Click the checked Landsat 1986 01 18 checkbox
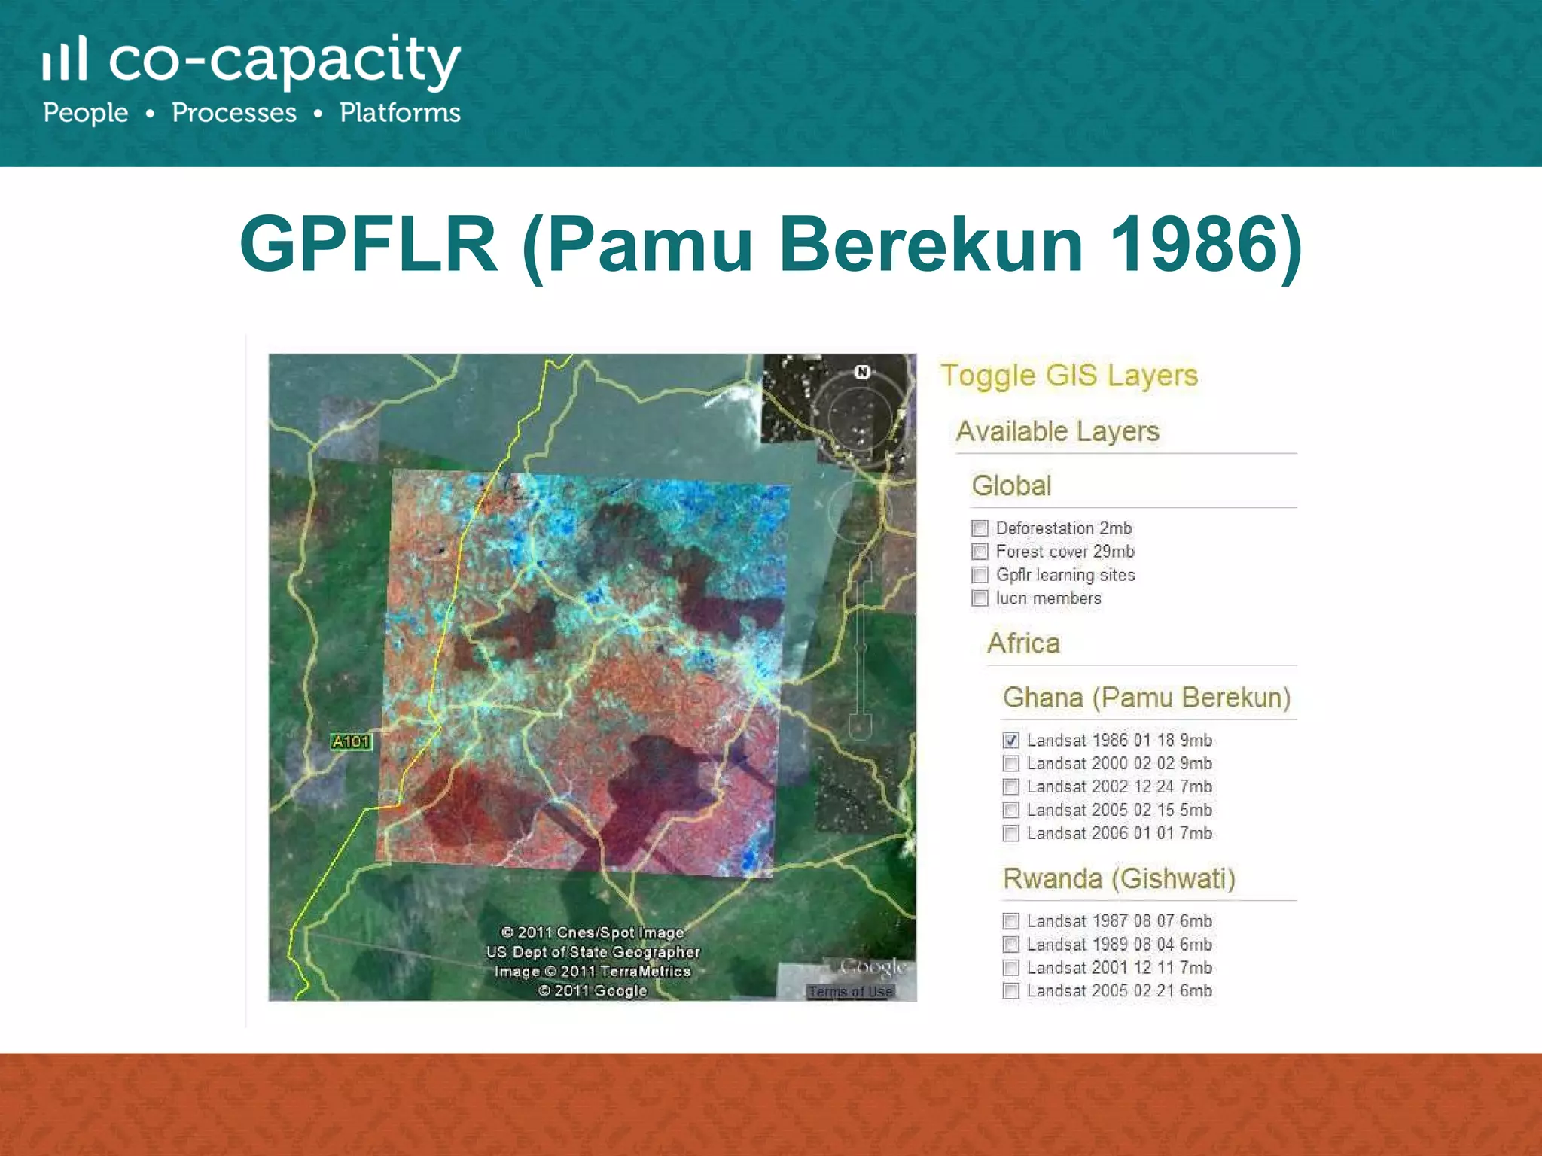(x=1011, y=741)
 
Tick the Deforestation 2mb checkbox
(x=980, y=528)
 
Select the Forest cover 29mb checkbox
(x=980, y=552)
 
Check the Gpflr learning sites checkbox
(x=980, y=575)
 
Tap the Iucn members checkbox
(x=980, y=598)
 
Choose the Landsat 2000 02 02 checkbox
(x=1011, y=764)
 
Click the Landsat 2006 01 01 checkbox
(x=1011, y=834)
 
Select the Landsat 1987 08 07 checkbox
(x=1011, y=921)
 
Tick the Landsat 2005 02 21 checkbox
(x=1011, y=991)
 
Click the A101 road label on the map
(x=351, y=742)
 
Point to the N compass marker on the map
(x=863, y=372)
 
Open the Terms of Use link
(x=851, y=992)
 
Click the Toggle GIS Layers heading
(x=1069, y=376)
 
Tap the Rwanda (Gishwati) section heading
(x=1119, y=879)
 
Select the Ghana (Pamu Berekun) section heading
(x=1146, y=698)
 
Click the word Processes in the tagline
(x=234, y=113)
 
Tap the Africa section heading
(x=1023, y=643)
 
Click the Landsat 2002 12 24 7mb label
(x=1119, y=787)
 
